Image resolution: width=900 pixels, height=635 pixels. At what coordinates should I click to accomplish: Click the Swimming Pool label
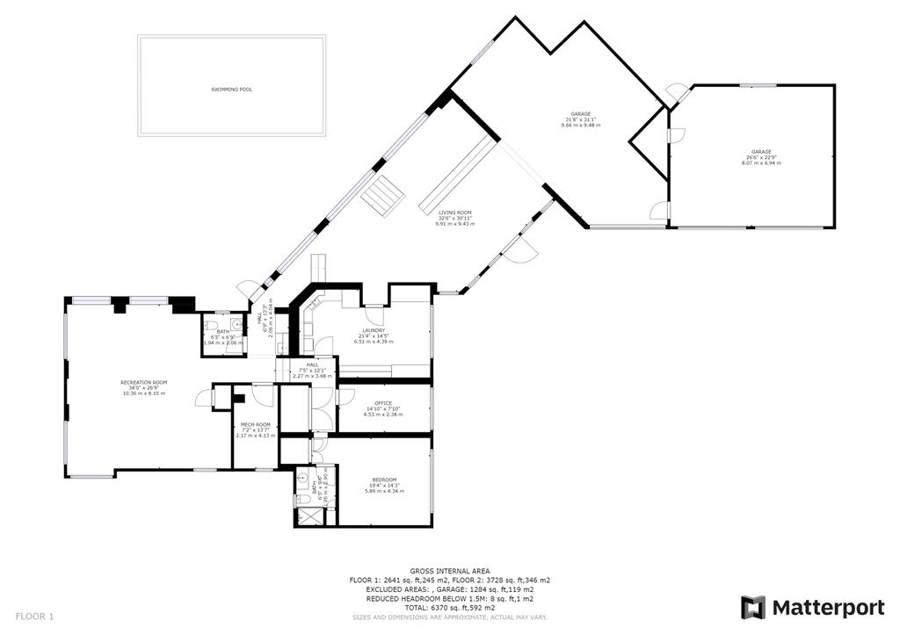(x=231, y=90)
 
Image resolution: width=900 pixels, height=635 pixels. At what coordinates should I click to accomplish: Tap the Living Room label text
(x=455, y=213)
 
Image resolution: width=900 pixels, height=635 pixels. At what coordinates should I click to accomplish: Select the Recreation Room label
(x=144, y=383)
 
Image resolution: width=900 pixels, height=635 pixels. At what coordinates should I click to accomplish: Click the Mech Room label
(x=255, y=425)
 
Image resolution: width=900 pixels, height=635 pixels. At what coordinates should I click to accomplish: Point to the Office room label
(x=383, y=403)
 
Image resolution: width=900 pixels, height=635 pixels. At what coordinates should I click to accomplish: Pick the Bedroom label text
(x=383, y=480)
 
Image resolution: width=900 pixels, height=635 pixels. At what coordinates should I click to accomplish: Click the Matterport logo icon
(x=753, y=607)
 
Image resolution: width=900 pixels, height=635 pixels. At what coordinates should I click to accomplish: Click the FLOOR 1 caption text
(x=34, y=617)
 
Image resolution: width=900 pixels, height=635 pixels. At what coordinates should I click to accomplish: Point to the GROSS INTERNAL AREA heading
(x=449, y=571)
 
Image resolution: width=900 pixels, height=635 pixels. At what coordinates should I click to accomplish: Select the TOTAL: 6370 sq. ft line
(x=449, y=608)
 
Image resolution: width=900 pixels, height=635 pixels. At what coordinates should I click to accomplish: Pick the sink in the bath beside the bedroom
(x=301, y=482)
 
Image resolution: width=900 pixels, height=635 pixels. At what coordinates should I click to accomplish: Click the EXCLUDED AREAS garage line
(x=449, y=589)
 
